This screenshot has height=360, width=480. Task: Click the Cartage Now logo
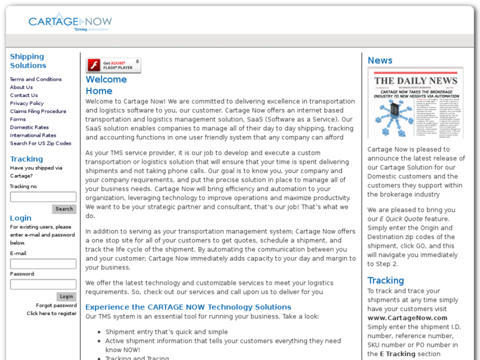(70, 22)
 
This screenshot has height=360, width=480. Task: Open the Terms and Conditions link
(36, 79)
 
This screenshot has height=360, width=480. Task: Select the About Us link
(21, 87)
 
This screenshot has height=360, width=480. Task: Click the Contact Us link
(24, 95)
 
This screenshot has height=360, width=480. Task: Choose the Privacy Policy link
(27, 103)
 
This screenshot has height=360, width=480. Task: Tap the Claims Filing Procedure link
(38, 112)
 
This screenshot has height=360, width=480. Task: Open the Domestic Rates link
(29, 127)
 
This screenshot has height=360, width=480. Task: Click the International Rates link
(33, 135)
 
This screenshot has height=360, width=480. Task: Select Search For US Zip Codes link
(40, 143)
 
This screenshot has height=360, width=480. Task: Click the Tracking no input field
(43, 197)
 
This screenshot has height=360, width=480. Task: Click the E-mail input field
(43, 264)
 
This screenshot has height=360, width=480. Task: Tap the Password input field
(43, 284)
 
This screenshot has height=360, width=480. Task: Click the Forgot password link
(56, 305)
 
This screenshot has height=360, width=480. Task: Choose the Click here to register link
(51, 314)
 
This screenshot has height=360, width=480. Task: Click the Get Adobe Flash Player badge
(113, 65)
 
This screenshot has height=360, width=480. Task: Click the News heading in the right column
(380, 60)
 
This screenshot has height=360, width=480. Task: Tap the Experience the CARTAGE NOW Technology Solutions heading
(188, 307)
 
